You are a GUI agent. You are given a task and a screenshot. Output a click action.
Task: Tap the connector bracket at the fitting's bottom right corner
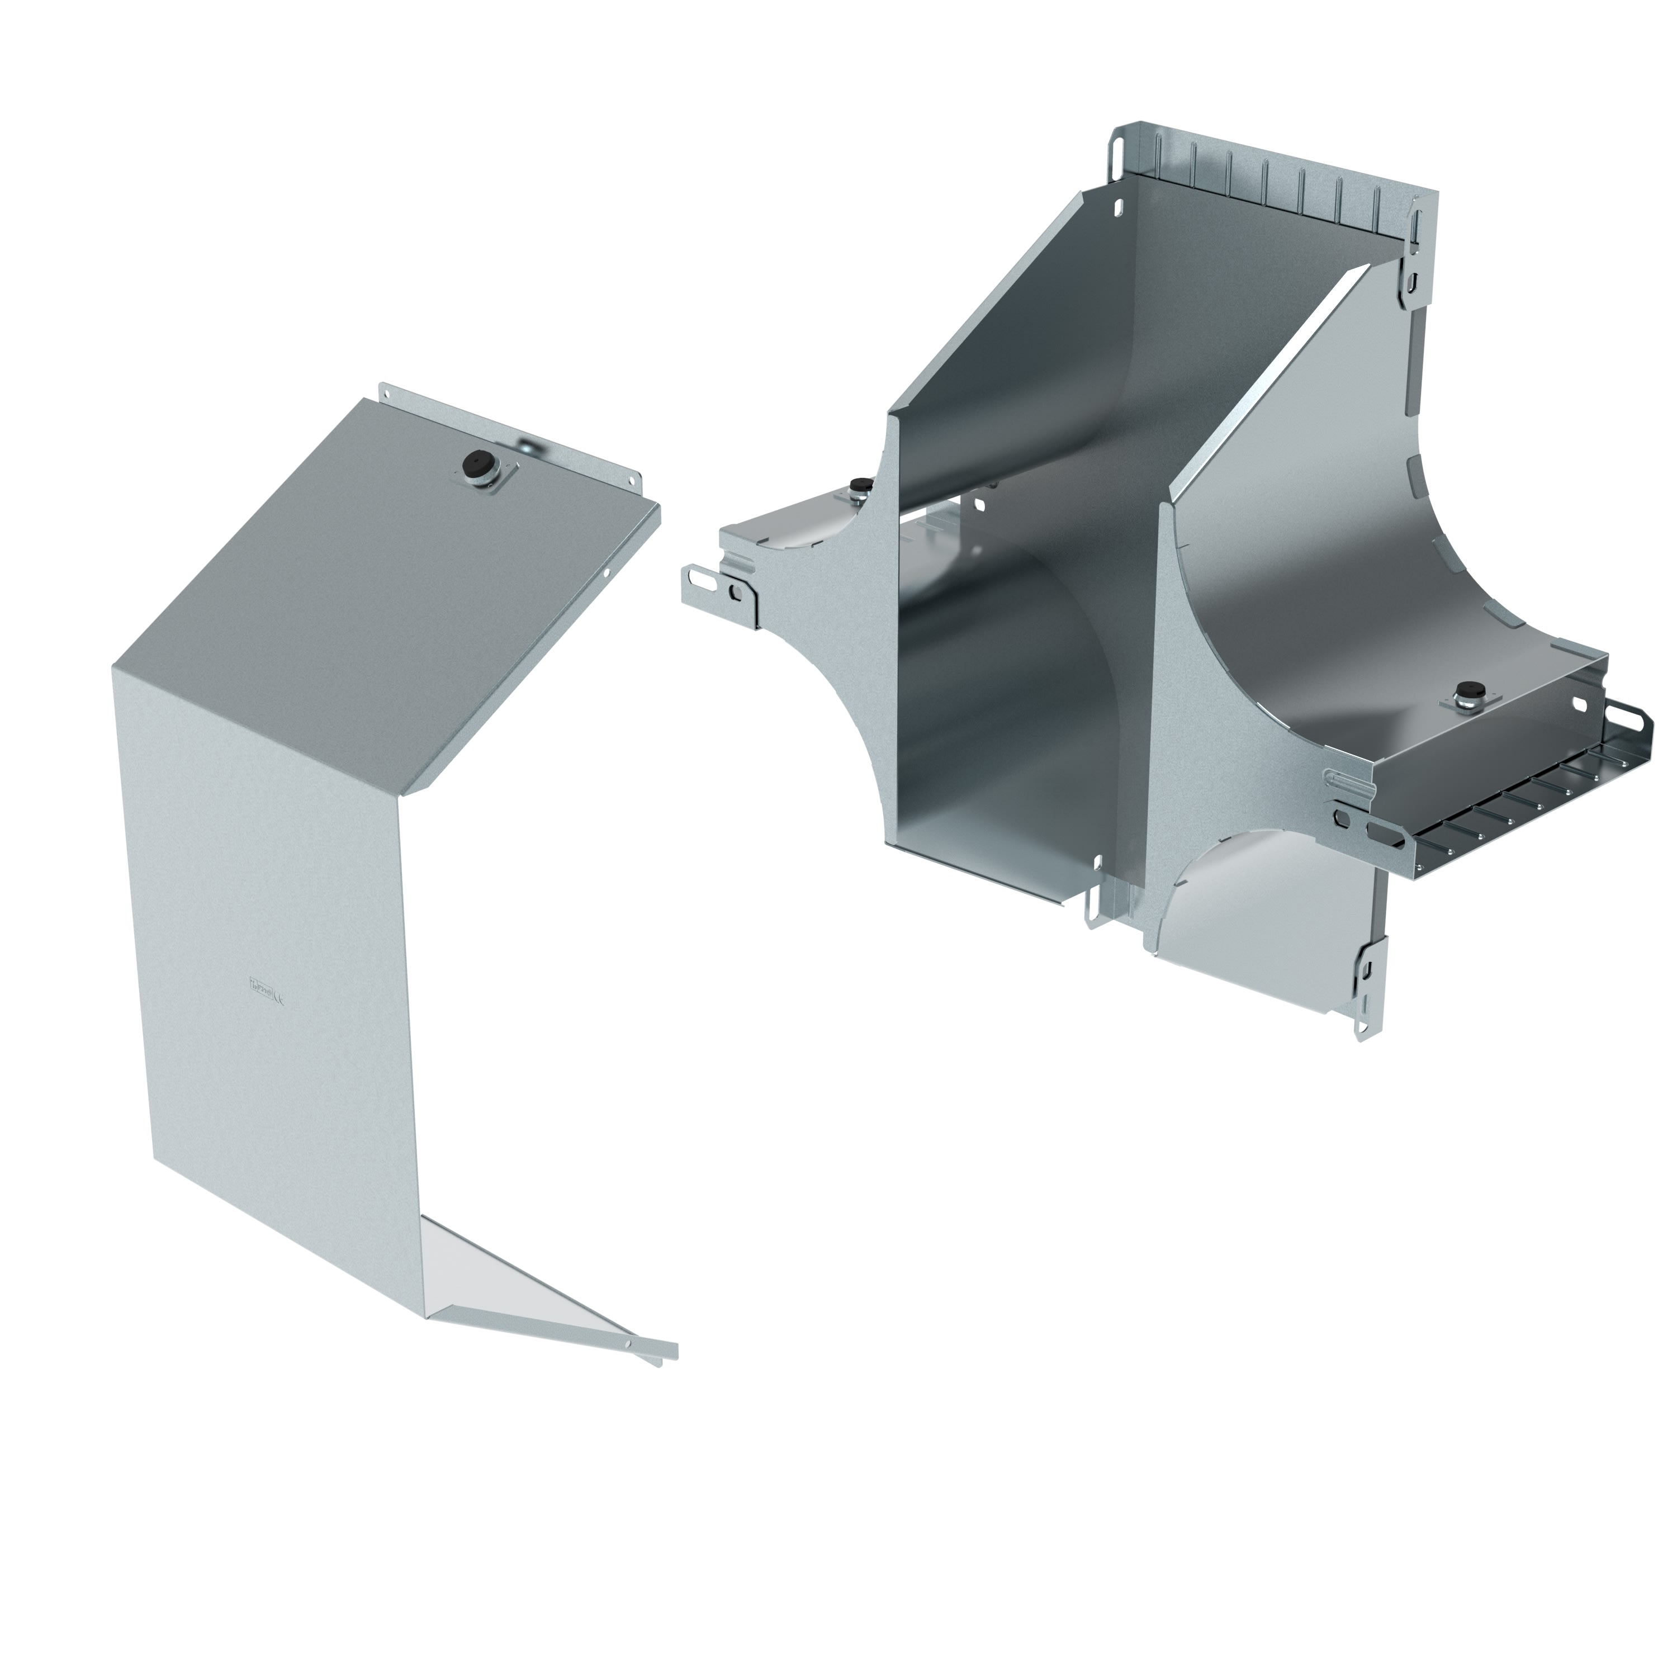[x=1367, y=989]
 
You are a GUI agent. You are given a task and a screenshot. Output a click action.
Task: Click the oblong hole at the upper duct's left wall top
[x=1117, y=209]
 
